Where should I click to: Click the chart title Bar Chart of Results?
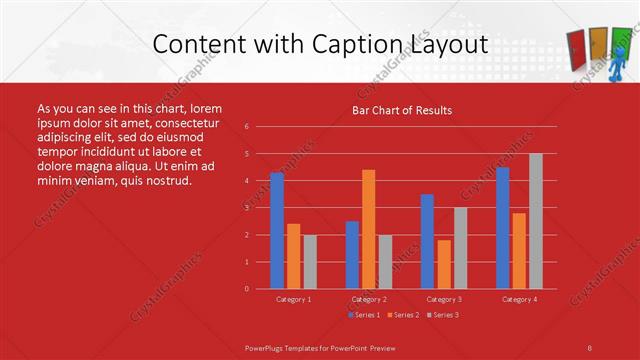pos(401,110)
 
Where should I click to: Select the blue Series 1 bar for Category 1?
pos(277,230)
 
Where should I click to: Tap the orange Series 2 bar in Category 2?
pos(369,229)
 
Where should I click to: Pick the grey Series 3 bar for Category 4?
pos(535,221)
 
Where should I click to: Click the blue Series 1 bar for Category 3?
pos(427,241)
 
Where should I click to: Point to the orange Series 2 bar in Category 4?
pos(519,250)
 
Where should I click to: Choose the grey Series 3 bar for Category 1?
pos(310,261)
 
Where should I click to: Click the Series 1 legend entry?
pos(364,315)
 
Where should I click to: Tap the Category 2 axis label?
pos(369,299)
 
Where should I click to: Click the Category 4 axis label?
pos(519,299)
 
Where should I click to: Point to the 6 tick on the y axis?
pos(247,127)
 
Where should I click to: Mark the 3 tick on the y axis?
pos(247,208)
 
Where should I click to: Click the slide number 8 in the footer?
pos(590,346)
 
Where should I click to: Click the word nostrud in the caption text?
pos(166,181)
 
